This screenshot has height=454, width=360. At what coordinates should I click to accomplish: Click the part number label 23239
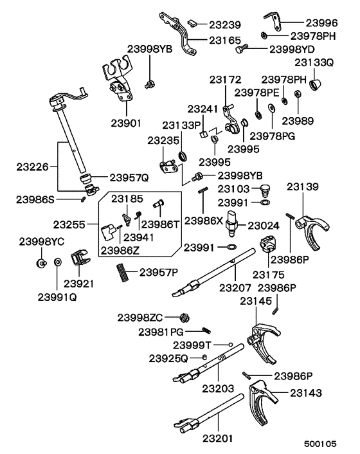[224, 25]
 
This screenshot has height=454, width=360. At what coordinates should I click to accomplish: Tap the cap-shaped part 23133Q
[315, 84]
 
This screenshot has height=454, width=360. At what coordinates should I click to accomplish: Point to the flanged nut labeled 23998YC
[40, 263]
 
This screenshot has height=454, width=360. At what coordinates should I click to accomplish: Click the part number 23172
[225, 80]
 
